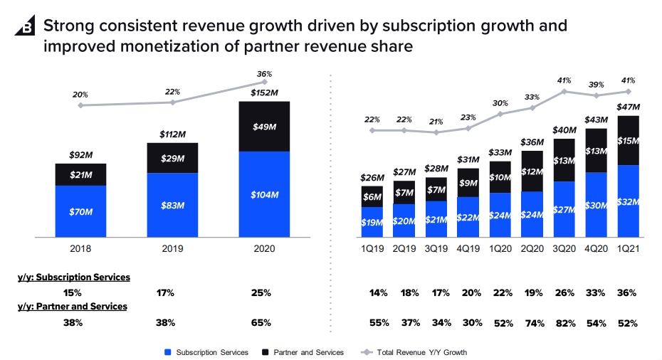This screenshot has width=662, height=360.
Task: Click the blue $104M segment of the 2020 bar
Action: click(x=265, y=194)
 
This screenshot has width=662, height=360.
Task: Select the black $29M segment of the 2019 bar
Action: click(x=172, y=157)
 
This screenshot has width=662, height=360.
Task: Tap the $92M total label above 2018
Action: click(x=80, y=154)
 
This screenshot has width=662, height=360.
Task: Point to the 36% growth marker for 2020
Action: click(x=265, y=83)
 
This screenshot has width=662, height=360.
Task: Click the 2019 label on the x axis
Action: click(x=172, y=249)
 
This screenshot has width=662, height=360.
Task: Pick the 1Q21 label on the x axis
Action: click(x=628, y=249)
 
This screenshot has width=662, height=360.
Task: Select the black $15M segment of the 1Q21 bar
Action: click(x=628, y=140)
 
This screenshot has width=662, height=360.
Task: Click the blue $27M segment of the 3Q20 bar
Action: click(x=564, y=209)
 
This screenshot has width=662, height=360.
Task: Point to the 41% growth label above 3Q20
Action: click(x=564, y=80)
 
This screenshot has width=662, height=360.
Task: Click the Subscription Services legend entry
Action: click(x=206, y=352)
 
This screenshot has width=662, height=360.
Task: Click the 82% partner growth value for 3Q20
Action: click(x=564, y=323)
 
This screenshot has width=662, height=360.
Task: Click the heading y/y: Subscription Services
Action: click(x=74, y=277)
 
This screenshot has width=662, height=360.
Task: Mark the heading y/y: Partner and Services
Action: click(x=73, y=307)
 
